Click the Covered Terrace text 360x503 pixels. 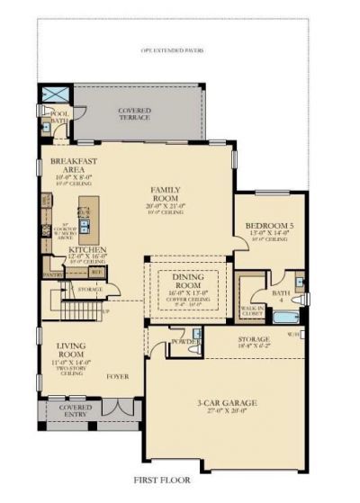click(135, 114)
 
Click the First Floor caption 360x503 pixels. click(179, 482)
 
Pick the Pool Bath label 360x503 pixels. click(60, 117)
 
